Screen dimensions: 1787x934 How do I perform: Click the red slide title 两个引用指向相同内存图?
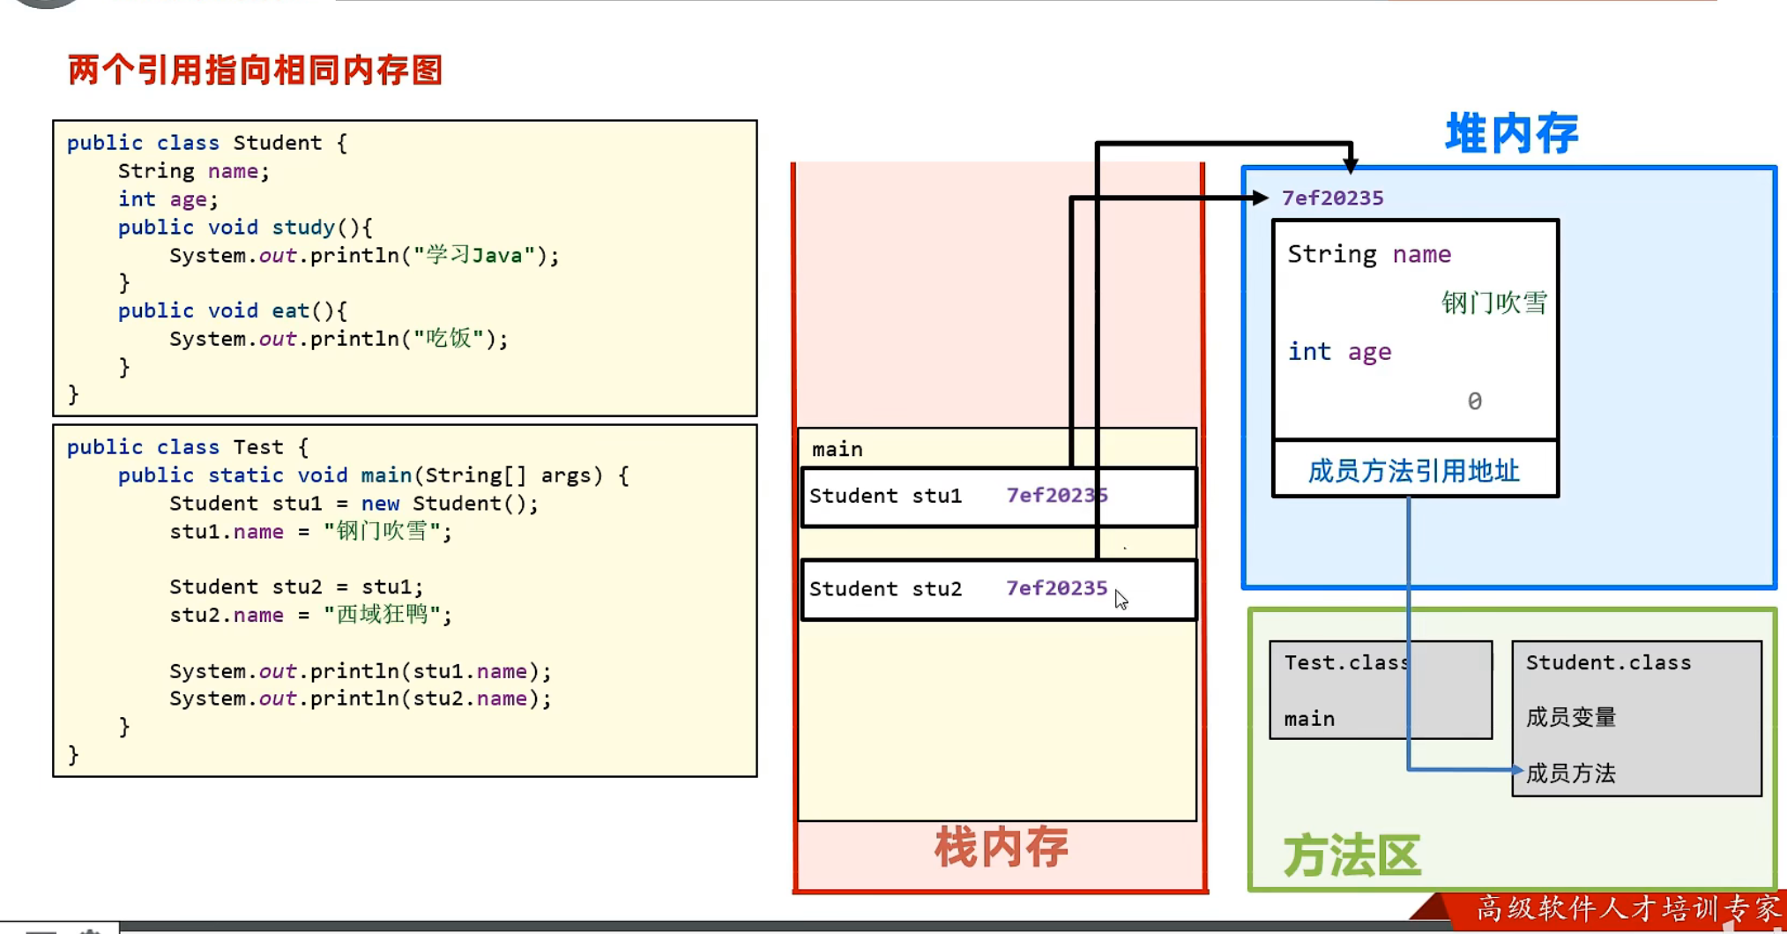pos(255,70)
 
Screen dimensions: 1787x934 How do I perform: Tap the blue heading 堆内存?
pos(1512,134)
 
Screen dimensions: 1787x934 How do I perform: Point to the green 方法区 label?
pos(1351,856)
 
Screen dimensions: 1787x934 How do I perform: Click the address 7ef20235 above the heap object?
pos(1332,198)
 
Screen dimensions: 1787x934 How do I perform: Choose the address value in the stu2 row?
pos(1056,588)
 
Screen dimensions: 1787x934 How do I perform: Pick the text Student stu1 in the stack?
pos(885,496)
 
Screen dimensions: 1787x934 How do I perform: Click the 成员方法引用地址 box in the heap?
pos(1415,470)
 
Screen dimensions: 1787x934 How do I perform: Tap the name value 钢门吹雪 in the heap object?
pos(1494,303)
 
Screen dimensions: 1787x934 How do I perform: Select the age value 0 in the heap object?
pos(1474,401)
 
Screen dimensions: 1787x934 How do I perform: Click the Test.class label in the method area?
pos(1346,662)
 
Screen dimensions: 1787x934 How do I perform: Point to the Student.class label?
pos(1608,662)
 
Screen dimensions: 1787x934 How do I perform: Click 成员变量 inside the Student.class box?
pos(1571,717)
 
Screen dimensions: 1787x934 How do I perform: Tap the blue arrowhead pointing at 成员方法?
pos(1517,770)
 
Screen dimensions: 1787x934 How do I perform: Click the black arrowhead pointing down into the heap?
pos(1351,164)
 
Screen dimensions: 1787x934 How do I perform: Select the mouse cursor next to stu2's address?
pos(1121,600)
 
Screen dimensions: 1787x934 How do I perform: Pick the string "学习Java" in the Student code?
pos(474,255)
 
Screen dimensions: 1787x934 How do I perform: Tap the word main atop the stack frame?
pos(838,450)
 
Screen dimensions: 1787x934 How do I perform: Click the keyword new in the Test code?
pos(380,504)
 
